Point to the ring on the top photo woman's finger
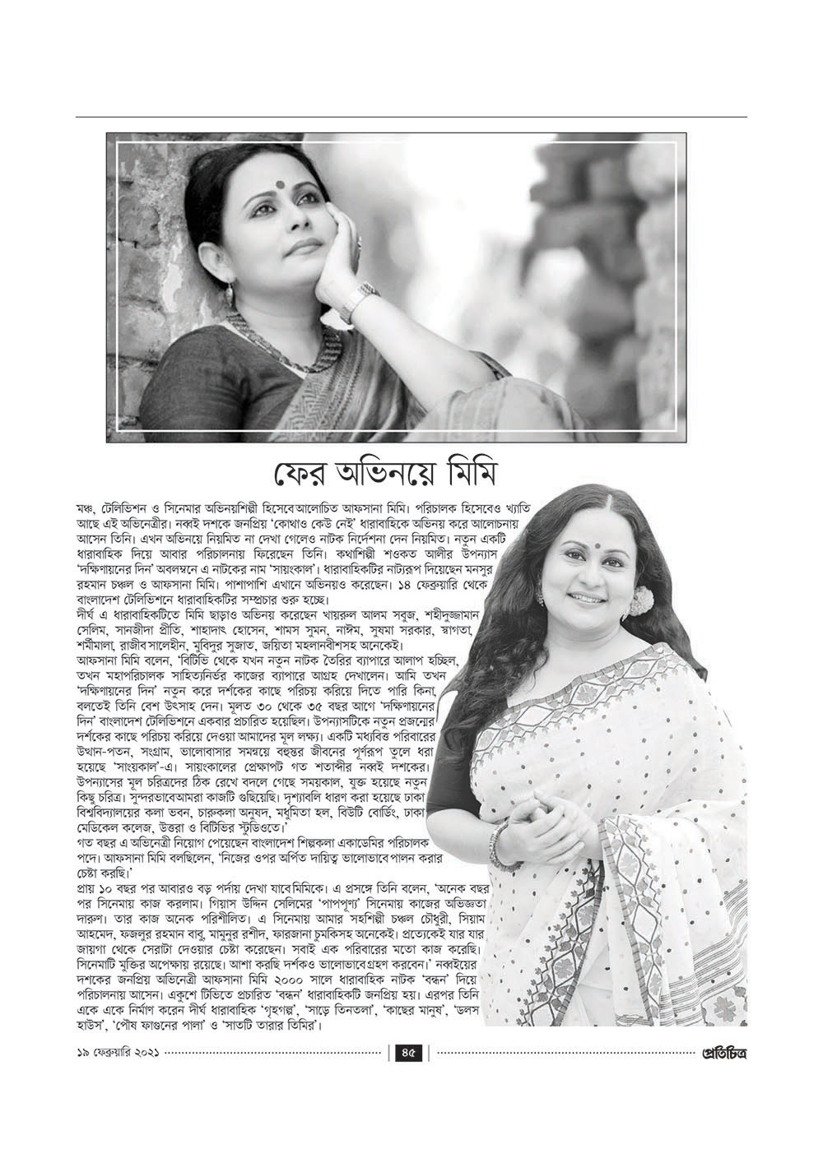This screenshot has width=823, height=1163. point(358,239)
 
